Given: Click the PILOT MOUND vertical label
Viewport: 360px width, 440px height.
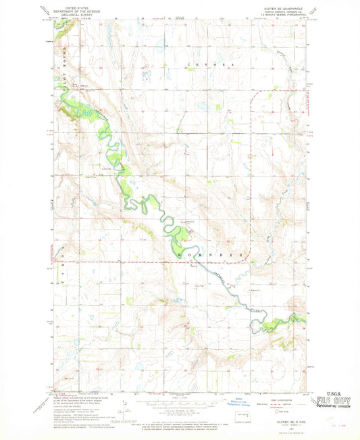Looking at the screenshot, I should [x=55, y=68].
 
